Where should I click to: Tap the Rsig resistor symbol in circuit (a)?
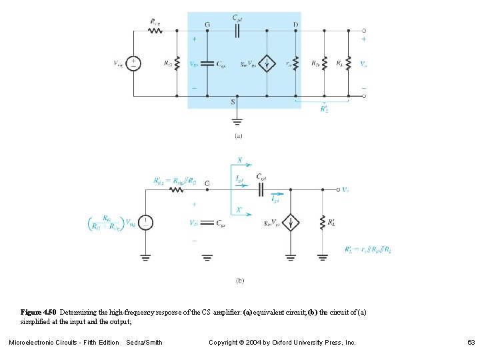155,30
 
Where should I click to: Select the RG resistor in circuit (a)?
177,63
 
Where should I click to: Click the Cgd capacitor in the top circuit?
237,30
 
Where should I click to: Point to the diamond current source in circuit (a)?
266,63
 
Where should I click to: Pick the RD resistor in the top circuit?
325,63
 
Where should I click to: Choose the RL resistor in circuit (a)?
348,63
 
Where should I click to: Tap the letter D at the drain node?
295,24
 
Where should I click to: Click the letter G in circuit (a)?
207,24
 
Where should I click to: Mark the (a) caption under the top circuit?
238,136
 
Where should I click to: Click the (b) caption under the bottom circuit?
239,281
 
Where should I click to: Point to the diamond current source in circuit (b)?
291,223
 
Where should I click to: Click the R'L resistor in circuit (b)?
323,223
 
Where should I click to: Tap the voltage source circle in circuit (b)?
145,223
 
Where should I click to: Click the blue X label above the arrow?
239,161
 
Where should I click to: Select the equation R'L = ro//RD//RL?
369,249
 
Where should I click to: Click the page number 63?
471,343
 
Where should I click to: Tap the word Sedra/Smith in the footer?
144,343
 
